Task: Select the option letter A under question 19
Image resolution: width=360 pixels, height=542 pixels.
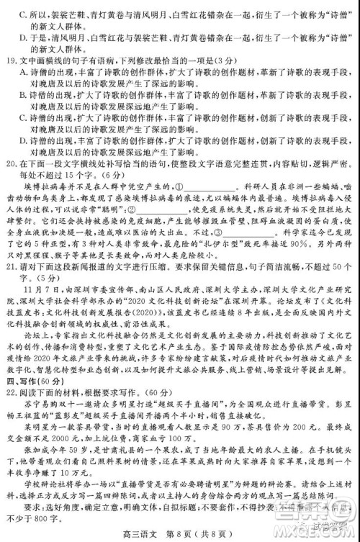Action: pos(24,73)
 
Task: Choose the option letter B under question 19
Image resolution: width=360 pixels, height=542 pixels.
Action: pos(24,94)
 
